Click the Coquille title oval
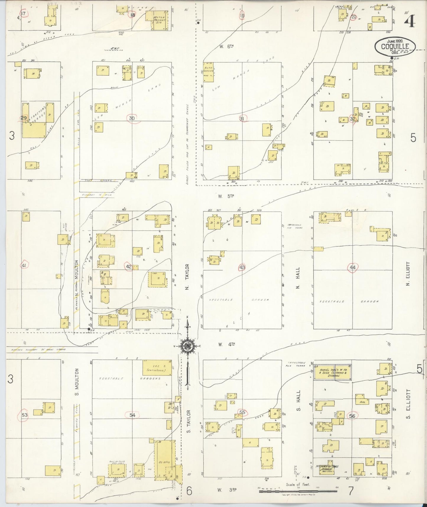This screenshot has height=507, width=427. pyautogui.click(x=395, y=46)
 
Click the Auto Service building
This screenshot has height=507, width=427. pyautogui.click(x=208, y=72)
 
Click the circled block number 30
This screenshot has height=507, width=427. pyautogui.click(x=132, y=118)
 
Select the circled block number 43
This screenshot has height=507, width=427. pyautogui.click(x=242, y=268)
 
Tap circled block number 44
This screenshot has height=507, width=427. pyautogui.click(x=352, y=267)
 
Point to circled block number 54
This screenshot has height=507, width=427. pyautogui.click(x=132, y=415)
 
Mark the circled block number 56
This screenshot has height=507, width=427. pyautogui.click(x=352, y=416)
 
